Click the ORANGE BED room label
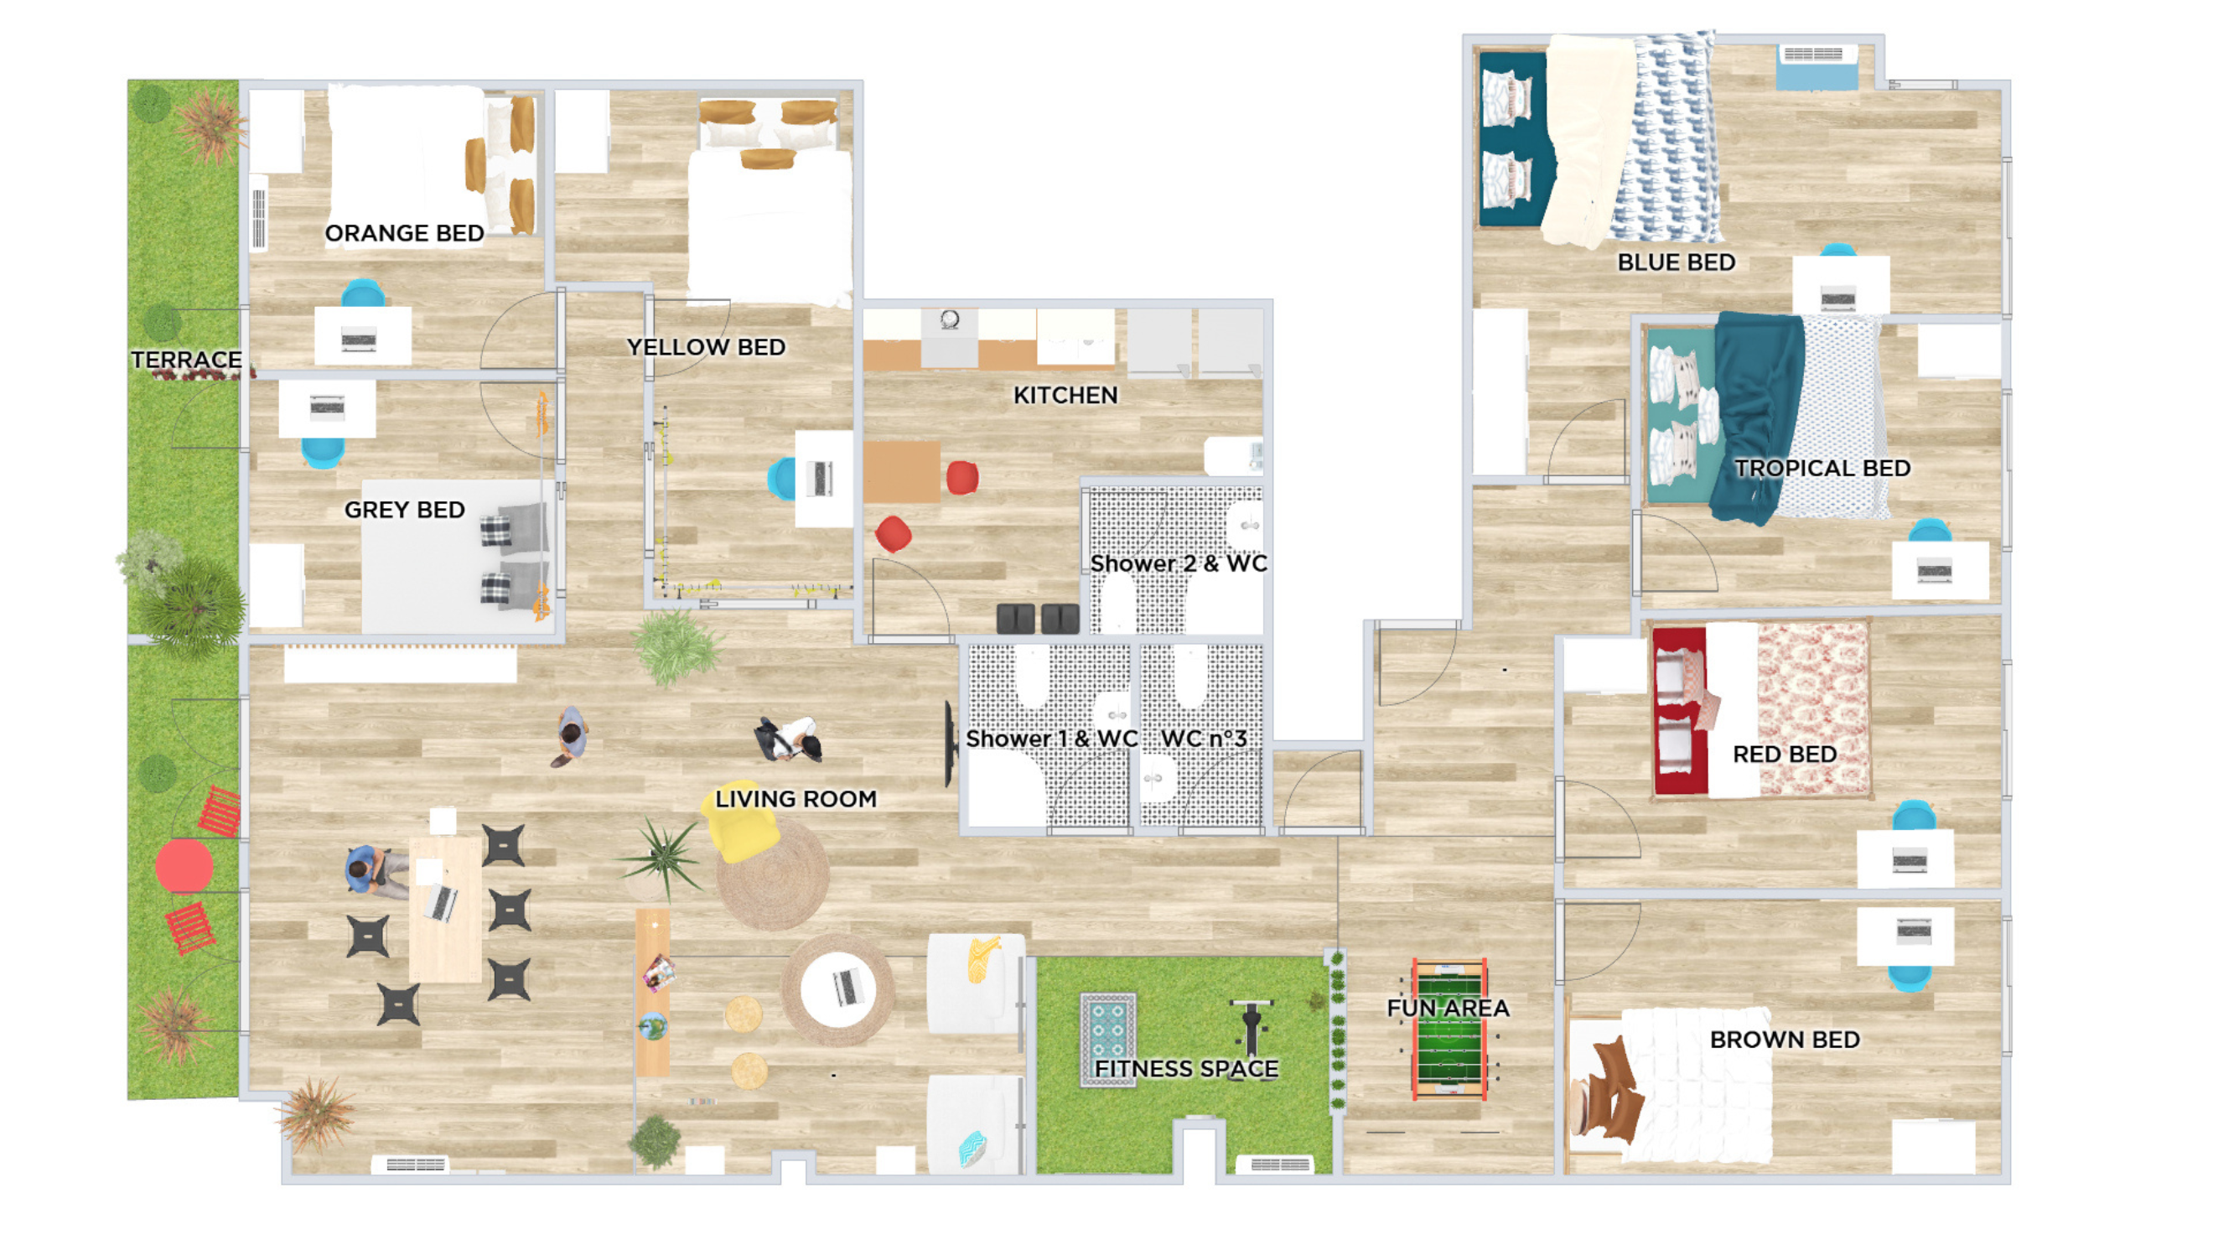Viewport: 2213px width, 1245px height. (x=405, y=233)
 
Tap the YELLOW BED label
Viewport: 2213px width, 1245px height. (x=706, y=347)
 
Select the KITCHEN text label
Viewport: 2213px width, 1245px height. (x=1065, y=395)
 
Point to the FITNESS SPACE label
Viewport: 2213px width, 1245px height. (x=1186, y=1069)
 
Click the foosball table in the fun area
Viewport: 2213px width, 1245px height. (x=1449, y=1030)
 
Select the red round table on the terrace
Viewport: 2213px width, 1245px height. (x=184, y=866)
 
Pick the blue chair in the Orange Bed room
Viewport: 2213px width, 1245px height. (x=364, y=293)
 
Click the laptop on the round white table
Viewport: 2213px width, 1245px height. (x=845, y=987)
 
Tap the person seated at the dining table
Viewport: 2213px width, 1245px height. (x=376, y=871)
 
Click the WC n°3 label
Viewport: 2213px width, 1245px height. (x=1203, y=739)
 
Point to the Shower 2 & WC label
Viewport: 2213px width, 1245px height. (x=1179, y=563)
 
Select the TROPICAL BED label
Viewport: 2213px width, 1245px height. (x=1822, y=469)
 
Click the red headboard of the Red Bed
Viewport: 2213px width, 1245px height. (x=1679, y=711)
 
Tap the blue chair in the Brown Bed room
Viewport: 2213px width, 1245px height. (x=1910, y=978)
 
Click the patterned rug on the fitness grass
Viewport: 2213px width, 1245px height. (x=1108, y=1040)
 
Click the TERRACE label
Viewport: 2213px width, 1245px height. (x=185, y=360)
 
